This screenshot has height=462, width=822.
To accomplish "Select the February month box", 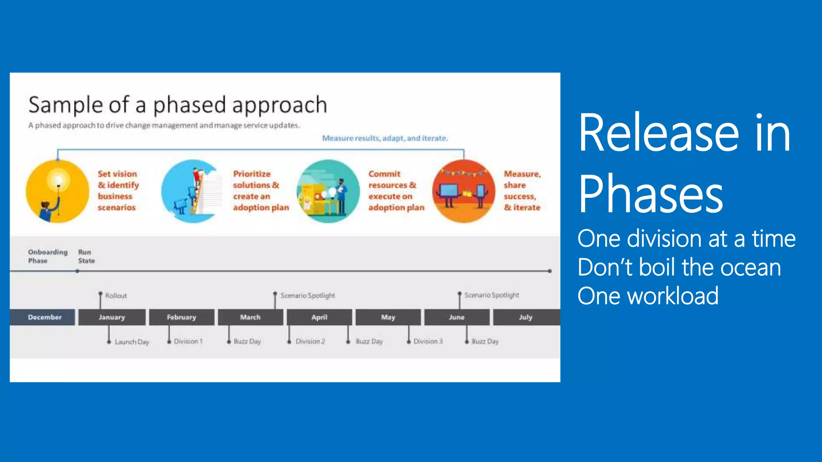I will [x=181, y=317].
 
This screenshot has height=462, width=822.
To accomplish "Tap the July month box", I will [x=526, y=317].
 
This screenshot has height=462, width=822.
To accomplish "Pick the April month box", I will [x=319, y=317].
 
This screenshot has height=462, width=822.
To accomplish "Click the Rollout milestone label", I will [x=116, y=296].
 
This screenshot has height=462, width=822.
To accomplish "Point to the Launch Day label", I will [x=132, y=342].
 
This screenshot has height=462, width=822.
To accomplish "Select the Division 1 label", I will [x=188, y=341].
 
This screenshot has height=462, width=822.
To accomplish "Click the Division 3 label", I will [x=428, y=341].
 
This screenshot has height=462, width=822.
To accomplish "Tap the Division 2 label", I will [x=310, y=341].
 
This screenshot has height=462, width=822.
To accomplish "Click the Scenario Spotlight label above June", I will [x=491, y=295].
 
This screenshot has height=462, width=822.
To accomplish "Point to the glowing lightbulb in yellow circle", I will [x=59, y=179].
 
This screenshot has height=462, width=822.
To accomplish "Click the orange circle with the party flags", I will [x=464, y=191].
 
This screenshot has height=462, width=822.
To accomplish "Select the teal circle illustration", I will [x=328, y=191].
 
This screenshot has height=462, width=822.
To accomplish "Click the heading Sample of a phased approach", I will [x=178, y=105].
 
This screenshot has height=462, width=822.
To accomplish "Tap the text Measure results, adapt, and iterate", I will [x=385, y=138].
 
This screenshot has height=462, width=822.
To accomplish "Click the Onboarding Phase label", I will [x=47, y=256].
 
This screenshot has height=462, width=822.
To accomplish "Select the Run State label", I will [x=86, y=256].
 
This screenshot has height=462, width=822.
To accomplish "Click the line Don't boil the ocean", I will [x=679, y=267].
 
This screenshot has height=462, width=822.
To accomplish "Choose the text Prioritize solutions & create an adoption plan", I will [x=260, y=190].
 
